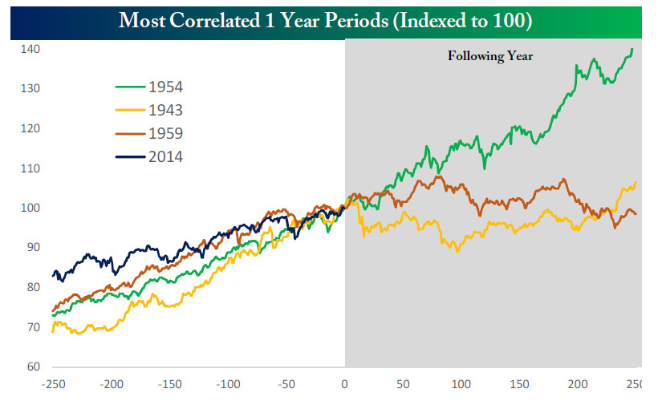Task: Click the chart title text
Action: click(325, 20)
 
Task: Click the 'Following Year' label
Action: click(489, 56)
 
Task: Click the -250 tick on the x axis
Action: click(55, 385)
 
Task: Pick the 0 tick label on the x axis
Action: click(344, 385)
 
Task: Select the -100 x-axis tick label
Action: click(228, 385)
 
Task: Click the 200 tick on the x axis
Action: click(576, 385)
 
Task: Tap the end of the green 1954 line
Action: click(632, 50)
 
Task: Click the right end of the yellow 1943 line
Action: click(636, 182)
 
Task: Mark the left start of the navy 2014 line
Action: click(54, 276)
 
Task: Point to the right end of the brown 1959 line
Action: click(636, 213)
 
